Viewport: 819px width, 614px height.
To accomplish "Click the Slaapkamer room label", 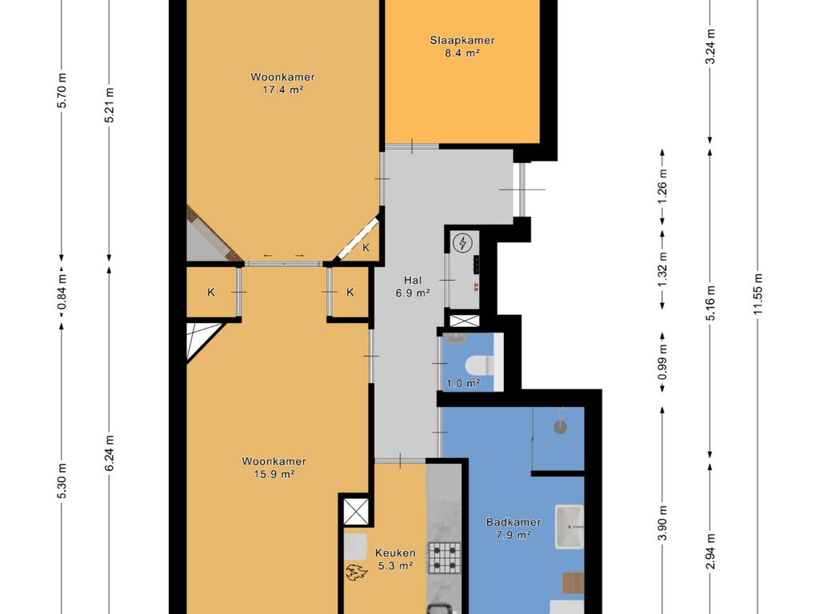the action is point(462,40).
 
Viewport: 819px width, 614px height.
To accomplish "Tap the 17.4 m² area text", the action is point(282,90).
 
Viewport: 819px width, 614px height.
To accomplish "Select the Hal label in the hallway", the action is point(413,281).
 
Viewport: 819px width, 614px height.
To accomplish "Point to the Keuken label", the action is point(395,553).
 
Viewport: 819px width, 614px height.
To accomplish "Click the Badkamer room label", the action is point(513,522).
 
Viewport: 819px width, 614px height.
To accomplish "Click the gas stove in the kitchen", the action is point(445,556).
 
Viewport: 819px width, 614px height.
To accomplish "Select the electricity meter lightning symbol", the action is point(462,243).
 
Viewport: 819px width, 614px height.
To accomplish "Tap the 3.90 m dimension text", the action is point(662,524).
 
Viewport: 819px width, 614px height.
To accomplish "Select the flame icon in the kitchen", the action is point(357,572).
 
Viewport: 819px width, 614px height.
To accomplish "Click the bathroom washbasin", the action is point(569,527).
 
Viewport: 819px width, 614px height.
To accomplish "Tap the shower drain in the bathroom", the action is point(560,427).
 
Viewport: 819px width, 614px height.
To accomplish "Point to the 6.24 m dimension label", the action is point(109,453).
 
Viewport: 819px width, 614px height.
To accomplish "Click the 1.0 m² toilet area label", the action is point(463,384).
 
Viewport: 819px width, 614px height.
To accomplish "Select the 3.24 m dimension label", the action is point(710,46).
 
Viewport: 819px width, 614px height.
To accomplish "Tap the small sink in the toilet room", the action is point(457,338).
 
